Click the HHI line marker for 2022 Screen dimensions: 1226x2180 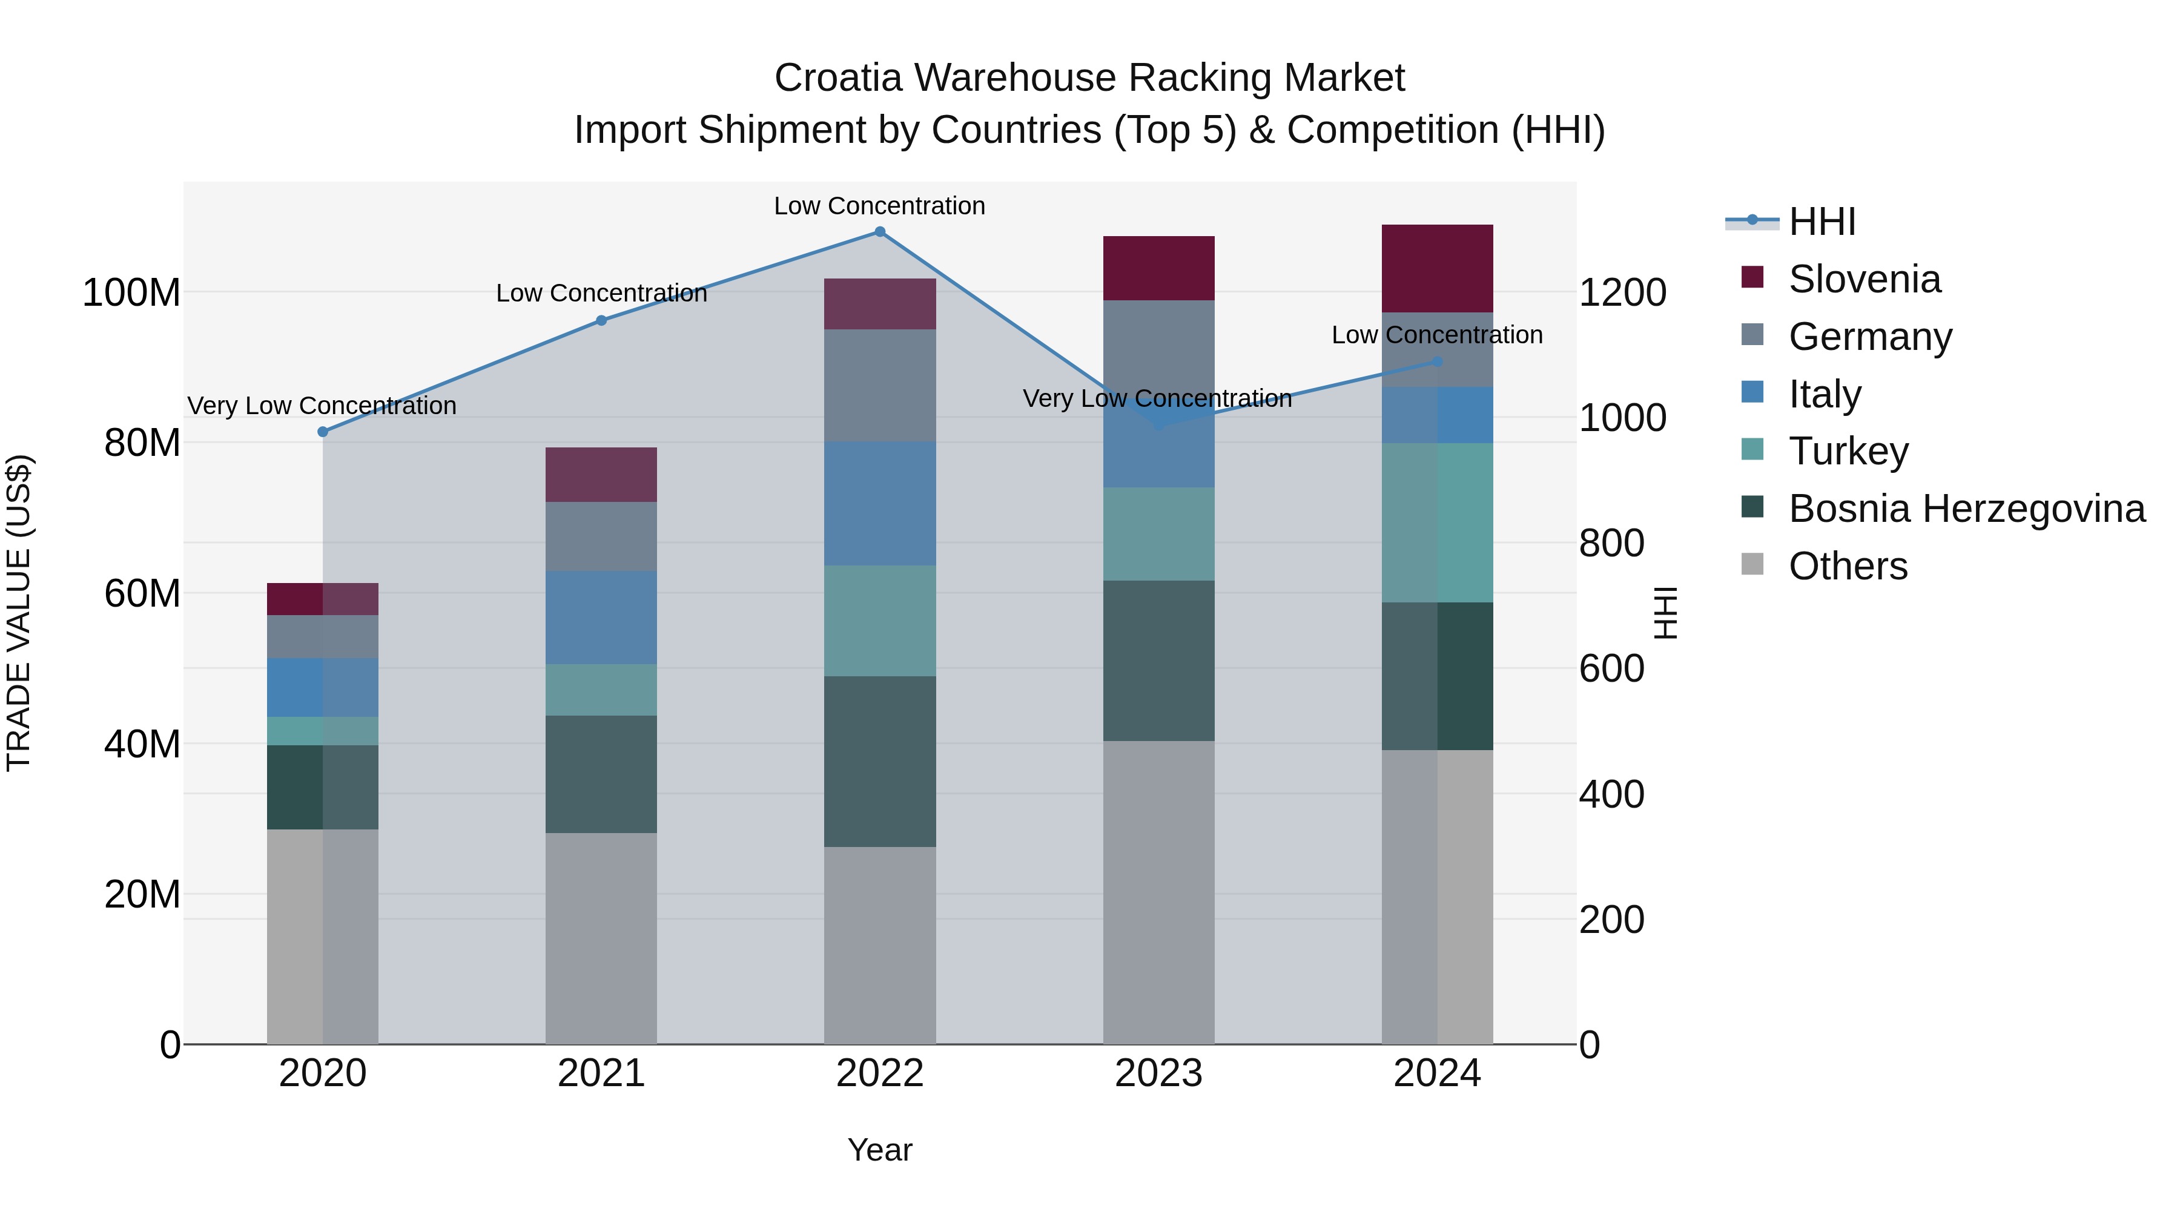(879, 232)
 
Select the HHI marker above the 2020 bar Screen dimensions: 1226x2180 (322, 432)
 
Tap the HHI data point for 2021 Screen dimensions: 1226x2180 (601, 321)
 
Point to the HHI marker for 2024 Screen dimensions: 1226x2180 (1436, 361)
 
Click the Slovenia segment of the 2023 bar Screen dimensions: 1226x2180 (1158, 268)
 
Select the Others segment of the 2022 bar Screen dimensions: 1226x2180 (879, 945)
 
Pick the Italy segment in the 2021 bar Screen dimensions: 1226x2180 (601, 618)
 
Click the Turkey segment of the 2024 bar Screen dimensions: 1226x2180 (1436, 522)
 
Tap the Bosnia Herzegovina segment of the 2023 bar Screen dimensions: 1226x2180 (1158, 661)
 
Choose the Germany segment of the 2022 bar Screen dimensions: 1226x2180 (879, 385)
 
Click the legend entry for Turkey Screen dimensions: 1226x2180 (1848, 451)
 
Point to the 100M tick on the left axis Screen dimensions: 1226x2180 (131, 293)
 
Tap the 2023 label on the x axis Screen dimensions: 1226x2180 (1158, 1073)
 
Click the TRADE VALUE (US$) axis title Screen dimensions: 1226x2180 (19, 613)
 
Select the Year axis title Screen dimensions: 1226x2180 (879, 1150)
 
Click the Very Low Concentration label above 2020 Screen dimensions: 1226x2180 (322, 406)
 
